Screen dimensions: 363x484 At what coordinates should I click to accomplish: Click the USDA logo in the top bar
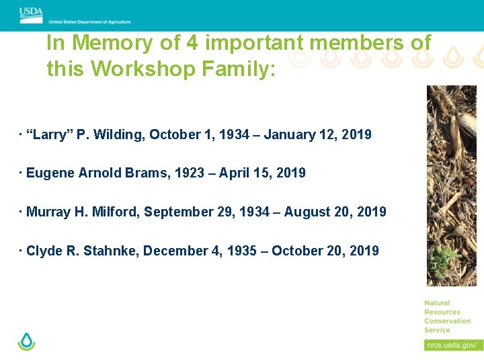[31, 12]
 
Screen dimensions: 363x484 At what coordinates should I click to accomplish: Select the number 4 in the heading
[192, 43]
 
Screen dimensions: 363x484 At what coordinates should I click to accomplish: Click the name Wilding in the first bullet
[119, 134]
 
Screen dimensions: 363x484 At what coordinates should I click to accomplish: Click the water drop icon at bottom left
[27, 341]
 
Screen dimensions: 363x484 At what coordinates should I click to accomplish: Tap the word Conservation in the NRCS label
[448, 321]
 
